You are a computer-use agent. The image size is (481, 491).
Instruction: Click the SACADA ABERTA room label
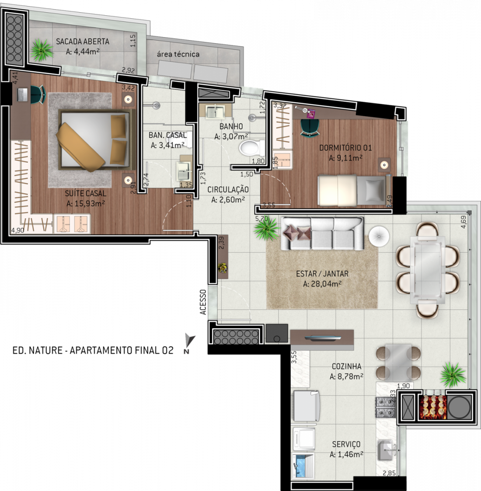pyautogui.click(x=83, y=42)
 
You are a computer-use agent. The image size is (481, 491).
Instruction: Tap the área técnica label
pyautogui.click(x=178, y=54)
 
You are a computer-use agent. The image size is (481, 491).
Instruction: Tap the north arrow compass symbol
pyautogui.click(x=189, y=343)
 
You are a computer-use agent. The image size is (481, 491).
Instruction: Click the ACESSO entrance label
pyautogui.click(x=203, y=302)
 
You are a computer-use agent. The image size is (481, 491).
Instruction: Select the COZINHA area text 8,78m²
pyautogui.click(x=346, y=376)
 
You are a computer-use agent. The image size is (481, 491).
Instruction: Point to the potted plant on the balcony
pyautogui.click(x=42, y=50)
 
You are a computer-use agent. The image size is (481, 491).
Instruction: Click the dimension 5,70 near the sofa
pyautogui.click(x=261, y=219)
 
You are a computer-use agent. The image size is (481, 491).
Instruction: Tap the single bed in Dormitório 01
pyautogui.click(x=354, y=190)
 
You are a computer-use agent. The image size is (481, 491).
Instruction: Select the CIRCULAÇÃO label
pyautogui.click(x=228, y=189)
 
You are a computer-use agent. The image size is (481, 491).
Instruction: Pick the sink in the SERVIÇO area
pyautogui.click(x=386, y=450)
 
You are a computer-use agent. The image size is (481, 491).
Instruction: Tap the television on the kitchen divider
pyautogui.click(x=323, y=338)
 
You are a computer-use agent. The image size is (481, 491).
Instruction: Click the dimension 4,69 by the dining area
pyautogui.click(x=464, y=222)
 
